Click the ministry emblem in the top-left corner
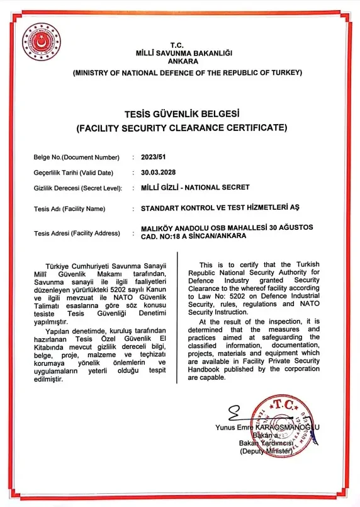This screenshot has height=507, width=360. pyautogui.click(x=42, y=42)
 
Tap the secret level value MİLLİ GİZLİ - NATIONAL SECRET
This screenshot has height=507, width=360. pyautogui.click(x=196, y=188)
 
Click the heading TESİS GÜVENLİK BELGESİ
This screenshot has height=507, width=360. pyautogui.click(x=181, y=114)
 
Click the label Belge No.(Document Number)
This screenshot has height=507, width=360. pyautogui.click(x=76, y=156)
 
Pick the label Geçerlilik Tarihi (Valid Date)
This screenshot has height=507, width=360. pyautogui.click(x=73, y=172)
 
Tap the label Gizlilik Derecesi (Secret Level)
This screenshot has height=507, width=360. pyautogui.click(x=77, y=188)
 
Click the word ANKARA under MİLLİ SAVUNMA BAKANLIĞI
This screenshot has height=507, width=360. pyautogui.click(x=180, y=61)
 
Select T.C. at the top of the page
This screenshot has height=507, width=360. pyautogui.click(x=180, y=45)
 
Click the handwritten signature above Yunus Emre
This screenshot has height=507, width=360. pyautogui.click(x=235, y=414)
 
